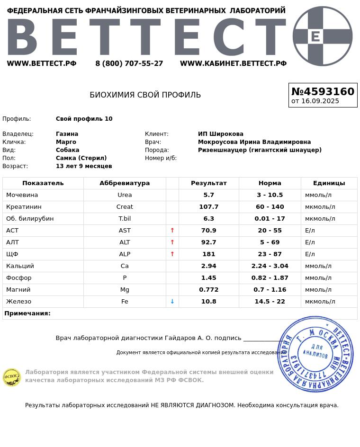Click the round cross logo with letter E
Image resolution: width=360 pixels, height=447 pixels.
click(323, 36)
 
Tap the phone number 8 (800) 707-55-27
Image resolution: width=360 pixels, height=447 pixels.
click(129, 63)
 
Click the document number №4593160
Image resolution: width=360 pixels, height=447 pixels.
click(323, 91)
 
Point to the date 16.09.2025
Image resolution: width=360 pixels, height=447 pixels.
click(320, 101)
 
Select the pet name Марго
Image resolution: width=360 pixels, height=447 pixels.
click(66, 142)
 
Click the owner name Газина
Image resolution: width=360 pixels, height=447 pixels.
click(67, 134)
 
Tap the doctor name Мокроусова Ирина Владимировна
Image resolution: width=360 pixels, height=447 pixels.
click(254, 142)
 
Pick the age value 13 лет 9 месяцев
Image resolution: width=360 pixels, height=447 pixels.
click(84, 166)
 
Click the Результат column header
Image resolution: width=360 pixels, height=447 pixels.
click(208, 183)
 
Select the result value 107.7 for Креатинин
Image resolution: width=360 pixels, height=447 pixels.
click(208, 207)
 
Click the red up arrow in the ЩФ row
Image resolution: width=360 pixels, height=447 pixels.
click(172, 254)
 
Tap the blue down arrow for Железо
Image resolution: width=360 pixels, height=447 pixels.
click(172, 302)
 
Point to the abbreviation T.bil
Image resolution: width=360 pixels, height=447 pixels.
click(125, 219)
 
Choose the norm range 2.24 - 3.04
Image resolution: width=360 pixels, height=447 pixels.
click(270, 266)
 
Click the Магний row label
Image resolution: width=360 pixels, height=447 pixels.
click(18, 290)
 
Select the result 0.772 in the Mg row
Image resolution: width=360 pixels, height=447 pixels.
click(208, 290)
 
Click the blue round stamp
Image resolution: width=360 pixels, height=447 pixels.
click(315, 354)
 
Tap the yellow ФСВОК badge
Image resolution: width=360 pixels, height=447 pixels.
click(12, 377)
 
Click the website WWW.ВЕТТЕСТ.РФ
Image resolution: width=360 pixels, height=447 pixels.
click(42, 63)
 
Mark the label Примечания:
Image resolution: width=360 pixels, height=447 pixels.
click(27, 313)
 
